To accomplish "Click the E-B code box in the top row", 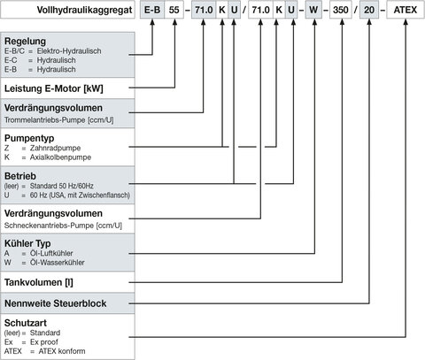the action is [152, 10].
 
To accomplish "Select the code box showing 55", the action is [174, 10].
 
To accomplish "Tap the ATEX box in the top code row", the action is [406, 10].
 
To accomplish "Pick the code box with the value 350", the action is [341, 10].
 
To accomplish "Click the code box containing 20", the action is [369, 10].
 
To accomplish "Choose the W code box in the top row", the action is [313, 10].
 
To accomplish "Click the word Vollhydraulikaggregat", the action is [84, 10].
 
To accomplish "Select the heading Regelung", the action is [25, 41].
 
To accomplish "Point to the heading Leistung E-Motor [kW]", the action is [54, 88].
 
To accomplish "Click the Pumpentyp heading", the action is [29, 138].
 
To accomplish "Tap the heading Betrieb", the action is [20, 176].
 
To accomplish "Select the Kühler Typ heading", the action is [27, 243].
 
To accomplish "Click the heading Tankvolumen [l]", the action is [39, 282].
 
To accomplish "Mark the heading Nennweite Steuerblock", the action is [55, 303].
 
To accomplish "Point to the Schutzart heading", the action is [26, 323].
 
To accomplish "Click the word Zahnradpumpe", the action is [55, 148].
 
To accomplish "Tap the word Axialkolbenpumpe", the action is [60, 157].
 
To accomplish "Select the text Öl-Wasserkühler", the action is [58, 263].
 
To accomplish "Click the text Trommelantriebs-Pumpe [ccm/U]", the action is [59, 120].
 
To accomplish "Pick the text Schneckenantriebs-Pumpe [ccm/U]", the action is [63, 226].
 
